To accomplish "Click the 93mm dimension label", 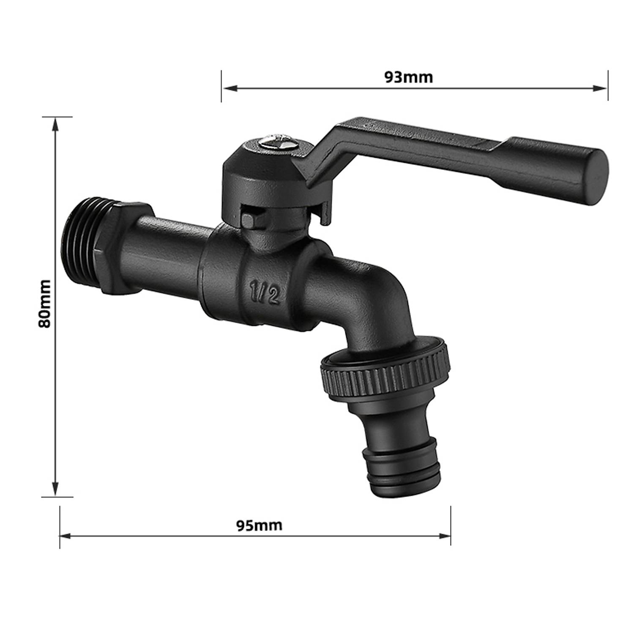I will tap(408, 77).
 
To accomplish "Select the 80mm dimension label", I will tap(44, 303).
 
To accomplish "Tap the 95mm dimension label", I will tap(259, 525).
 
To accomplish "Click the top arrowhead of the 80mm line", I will tap(55, 123).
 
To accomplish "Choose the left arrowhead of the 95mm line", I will tap(66, 536).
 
